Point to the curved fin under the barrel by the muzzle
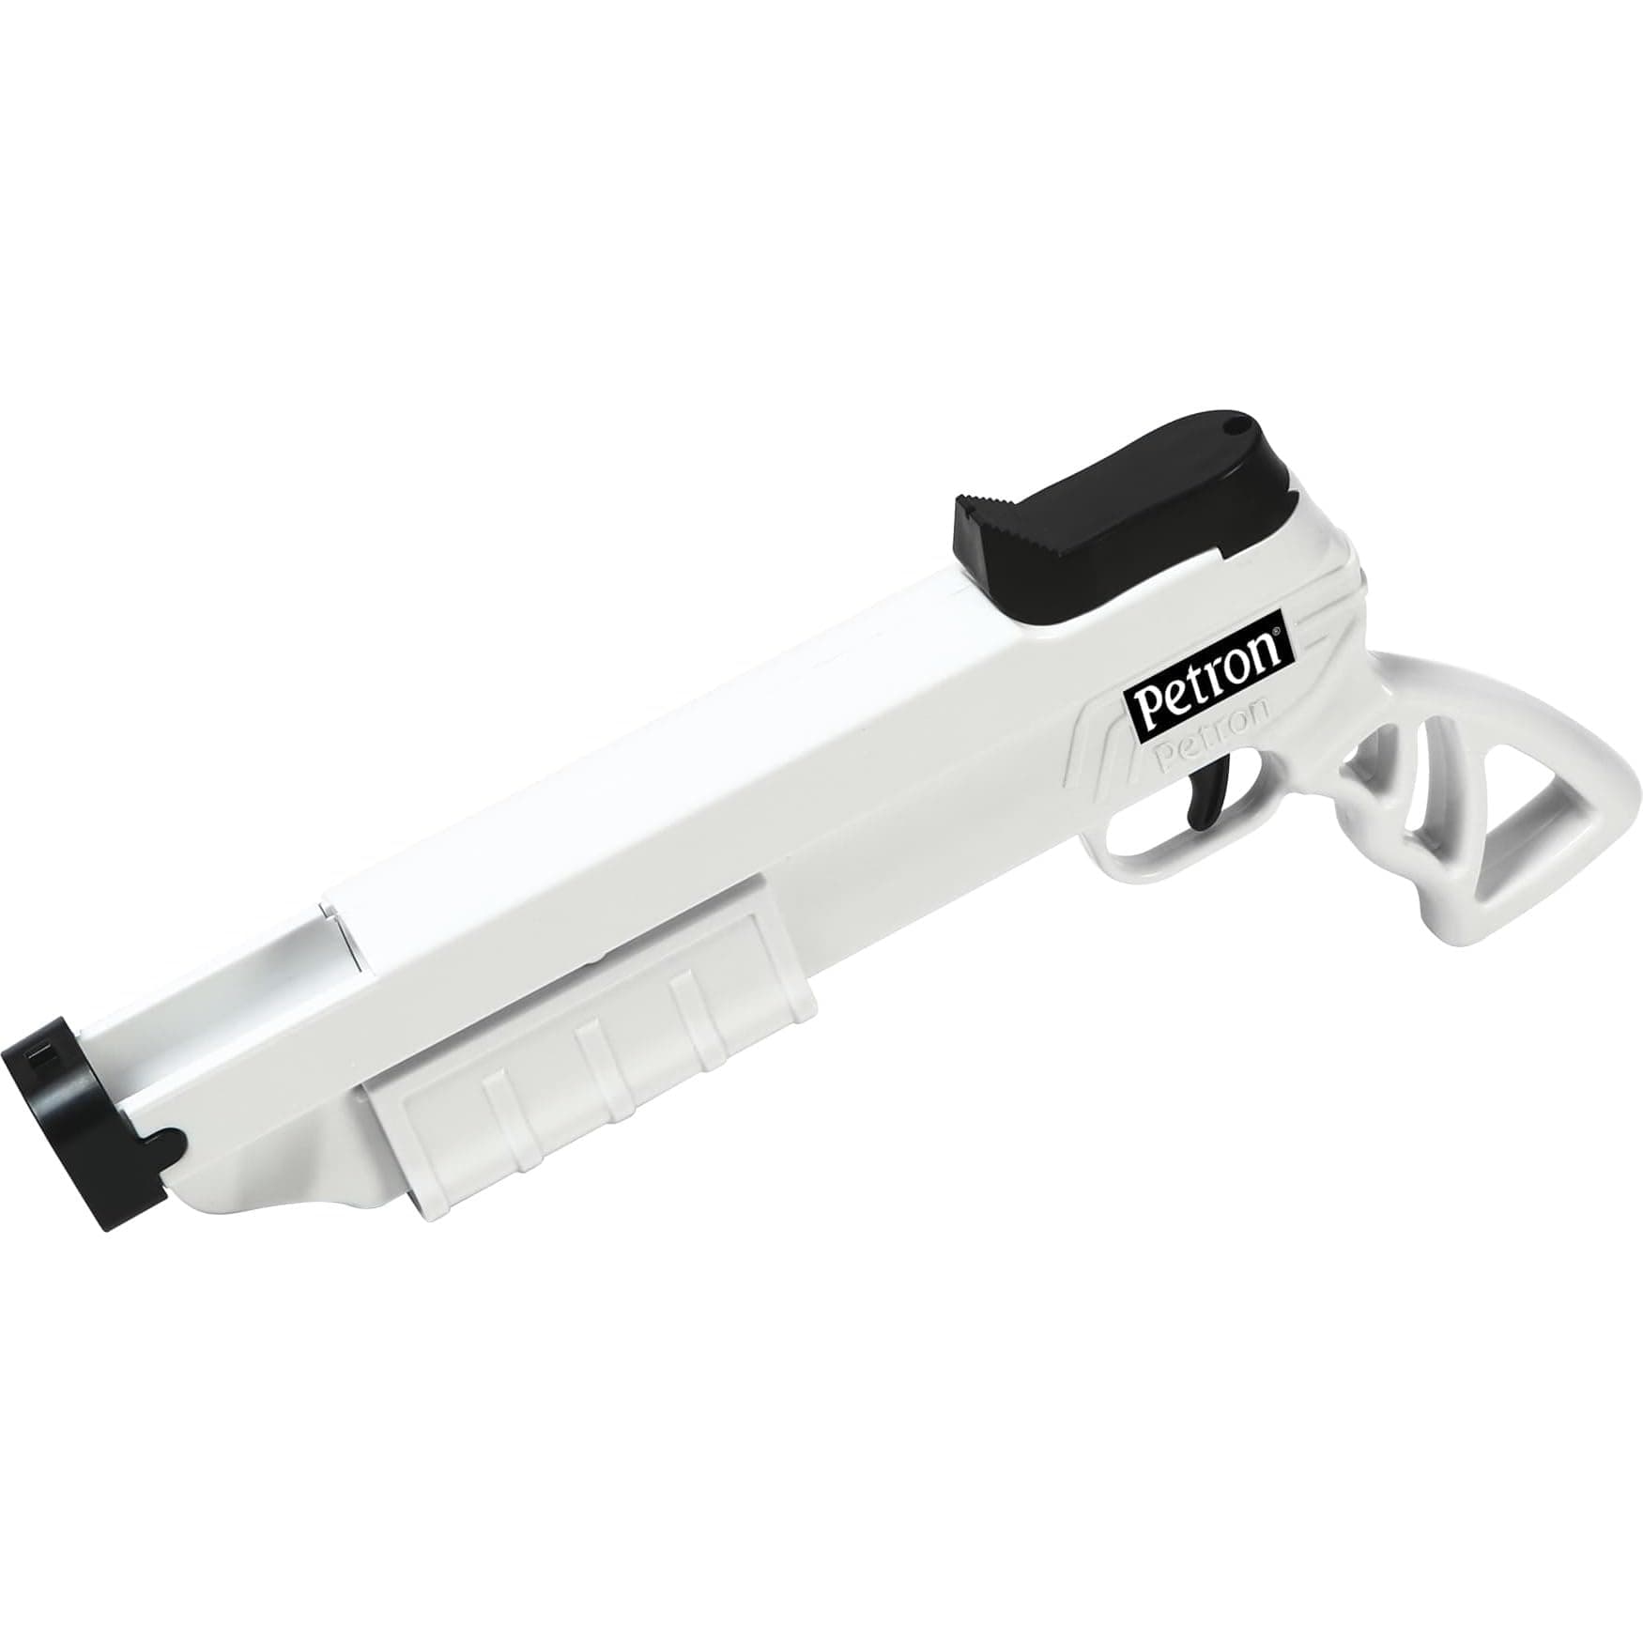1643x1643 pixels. (282, 1197)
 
